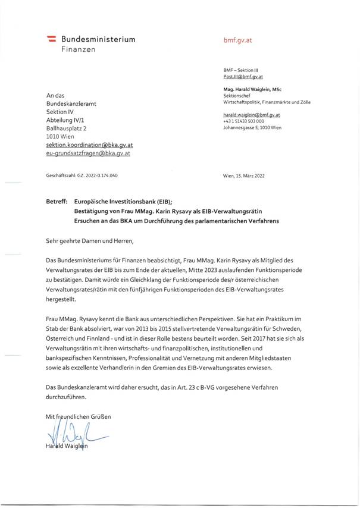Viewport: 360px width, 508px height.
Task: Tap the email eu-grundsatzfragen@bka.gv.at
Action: point(88,153)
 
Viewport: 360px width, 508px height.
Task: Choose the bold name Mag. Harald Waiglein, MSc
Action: point(252,89)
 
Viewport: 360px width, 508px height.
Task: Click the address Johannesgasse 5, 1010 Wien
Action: point(252,127)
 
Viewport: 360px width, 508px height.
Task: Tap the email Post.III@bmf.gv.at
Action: point(243,77)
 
